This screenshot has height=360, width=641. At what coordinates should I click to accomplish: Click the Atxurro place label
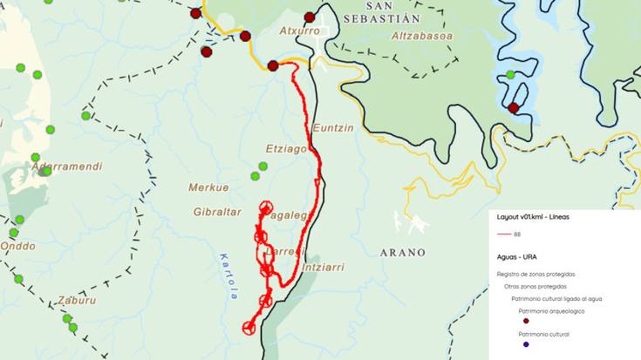[x=299, y=31]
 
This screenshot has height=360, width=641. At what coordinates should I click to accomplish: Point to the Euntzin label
[x=333, y=128]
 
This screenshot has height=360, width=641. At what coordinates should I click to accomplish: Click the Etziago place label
[x=286, y=149]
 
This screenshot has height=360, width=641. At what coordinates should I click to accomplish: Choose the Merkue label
[x=208, y=187]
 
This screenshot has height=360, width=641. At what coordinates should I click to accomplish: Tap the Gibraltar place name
[x=217, y=213]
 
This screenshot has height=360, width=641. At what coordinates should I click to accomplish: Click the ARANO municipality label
[x=403, y=253]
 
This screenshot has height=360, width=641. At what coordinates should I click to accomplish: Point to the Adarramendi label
[x=66, y=166]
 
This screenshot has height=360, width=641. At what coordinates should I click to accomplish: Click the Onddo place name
[x=17, y=247]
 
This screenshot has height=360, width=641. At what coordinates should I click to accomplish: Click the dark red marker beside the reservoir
[x=514, y=108]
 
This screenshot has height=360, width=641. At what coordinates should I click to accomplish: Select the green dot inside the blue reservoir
[x=511, y=75]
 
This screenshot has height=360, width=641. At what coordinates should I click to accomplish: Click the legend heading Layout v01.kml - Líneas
[x=533, y=216]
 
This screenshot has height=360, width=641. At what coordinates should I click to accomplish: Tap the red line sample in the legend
[x=503, y=234]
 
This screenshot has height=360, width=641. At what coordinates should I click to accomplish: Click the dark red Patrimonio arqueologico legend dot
[x=525, y=321]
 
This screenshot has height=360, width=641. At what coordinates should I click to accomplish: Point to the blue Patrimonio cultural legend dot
[x=525, y=343]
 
